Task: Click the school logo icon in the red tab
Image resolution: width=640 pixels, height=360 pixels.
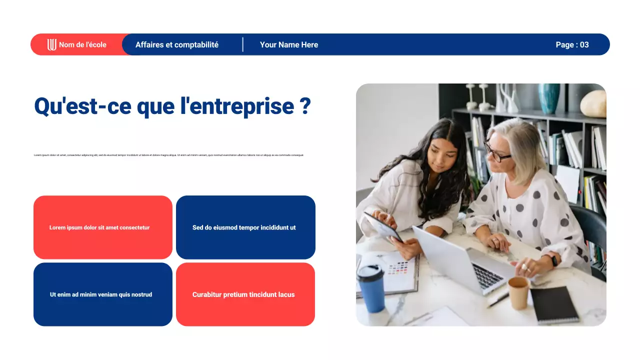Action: (51, 45)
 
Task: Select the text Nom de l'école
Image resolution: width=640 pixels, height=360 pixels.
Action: (82, 45)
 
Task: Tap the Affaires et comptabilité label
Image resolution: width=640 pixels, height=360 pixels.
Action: (177, 45)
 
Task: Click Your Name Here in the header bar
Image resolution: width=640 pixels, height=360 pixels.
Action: (289, 45)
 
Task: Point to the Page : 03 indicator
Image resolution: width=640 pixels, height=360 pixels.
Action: (572, 45)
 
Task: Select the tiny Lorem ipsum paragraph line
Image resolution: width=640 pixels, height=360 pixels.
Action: (169, 155)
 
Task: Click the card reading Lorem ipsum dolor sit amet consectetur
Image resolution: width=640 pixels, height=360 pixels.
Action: (103, 227)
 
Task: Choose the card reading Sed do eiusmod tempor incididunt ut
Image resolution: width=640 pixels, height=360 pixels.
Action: (245, 227)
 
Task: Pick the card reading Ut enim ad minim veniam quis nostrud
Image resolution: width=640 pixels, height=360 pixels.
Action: (103, 294)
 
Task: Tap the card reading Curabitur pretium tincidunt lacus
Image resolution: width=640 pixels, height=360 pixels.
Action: (245, 294)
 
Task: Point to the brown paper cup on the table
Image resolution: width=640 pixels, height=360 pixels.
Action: (518, 292)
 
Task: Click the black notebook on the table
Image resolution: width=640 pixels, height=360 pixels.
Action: (554, 304)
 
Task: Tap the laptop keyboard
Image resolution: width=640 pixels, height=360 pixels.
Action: (487, 275)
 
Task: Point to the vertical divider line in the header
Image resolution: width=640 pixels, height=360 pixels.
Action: (243, 44)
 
